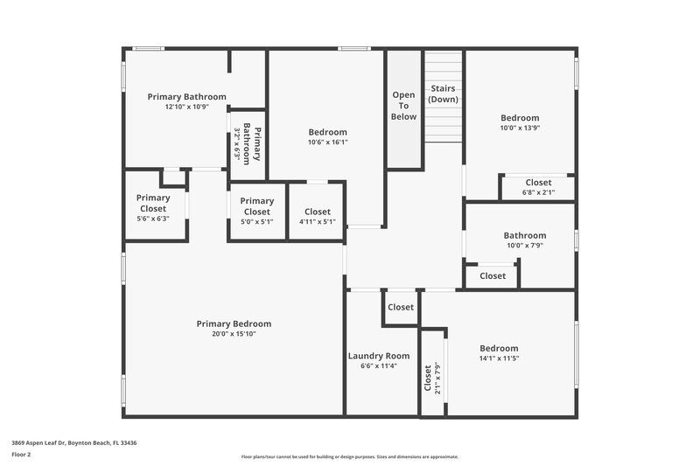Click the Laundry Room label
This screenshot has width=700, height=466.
pos(379,356)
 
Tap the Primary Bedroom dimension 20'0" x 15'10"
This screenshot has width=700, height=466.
pos(234,333)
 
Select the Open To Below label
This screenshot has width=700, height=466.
pos(403,105)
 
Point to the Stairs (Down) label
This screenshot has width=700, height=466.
pos(444,94)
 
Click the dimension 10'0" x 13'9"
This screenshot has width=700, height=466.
pos(520,128)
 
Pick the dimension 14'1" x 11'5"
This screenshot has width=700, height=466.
pos(499,358)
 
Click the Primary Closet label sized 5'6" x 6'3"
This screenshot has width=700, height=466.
pos(153,203)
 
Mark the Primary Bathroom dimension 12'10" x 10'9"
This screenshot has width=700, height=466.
pos(186,107)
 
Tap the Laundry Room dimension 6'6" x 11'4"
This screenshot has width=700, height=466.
pos(379,366)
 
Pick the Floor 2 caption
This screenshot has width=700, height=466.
pos(21,455)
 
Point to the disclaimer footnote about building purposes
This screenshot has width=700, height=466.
pos(349,456)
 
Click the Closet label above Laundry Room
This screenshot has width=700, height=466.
pos(401,307)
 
